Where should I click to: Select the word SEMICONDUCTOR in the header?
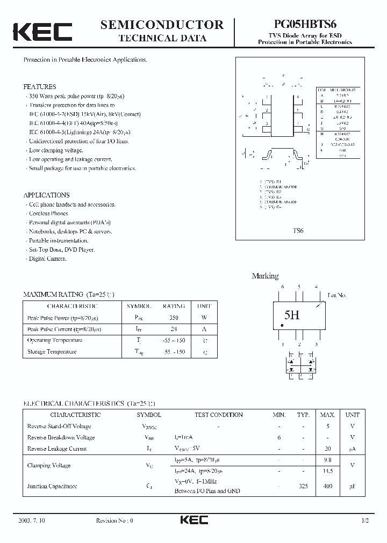162,25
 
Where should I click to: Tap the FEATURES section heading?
40,86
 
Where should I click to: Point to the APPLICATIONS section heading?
46,195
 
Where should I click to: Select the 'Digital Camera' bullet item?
47,259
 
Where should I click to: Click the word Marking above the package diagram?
266,276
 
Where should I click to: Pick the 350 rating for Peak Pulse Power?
173,318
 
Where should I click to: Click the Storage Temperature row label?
52,352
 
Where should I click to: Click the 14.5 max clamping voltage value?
327,471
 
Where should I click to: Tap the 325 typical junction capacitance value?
304,486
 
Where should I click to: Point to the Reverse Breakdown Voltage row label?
60,437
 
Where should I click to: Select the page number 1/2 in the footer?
365,520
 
